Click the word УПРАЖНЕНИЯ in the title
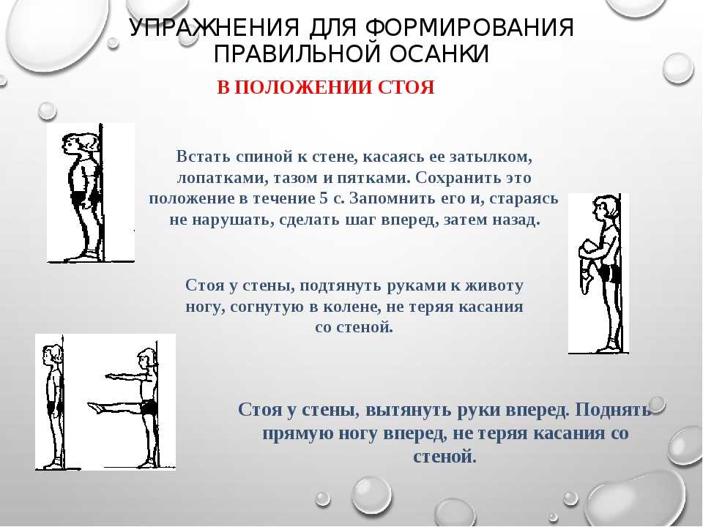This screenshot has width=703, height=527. (x=214, y=28)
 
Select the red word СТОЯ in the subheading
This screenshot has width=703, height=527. (x=406, y=87)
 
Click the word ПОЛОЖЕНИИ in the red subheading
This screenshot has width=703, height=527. (x=305, y=87)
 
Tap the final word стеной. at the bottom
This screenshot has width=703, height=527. (x=444, y=457)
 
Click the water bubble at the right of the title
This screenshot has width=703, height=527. (x=678, y=68)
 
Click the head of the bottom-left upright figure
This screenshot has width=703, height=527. (x=51, y=355)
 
